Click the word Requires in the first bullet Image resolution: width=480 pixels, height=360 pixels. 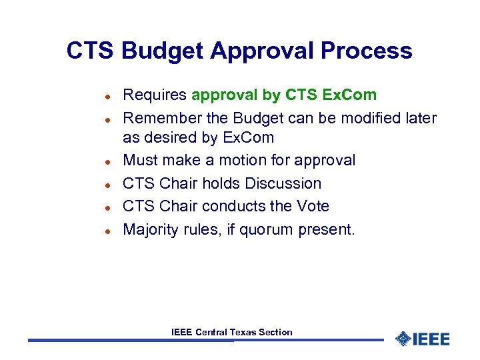(155, 95)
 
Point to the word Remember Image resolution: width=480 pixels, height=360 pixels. (159, 119)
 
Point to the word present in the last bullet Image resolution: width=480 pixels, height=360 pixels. (327, 230)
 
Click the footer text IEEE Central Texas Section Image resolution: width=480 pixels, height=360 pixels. (231, 332)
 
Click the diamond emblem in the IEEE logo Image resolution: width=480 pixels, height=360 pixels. (402, 339)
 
